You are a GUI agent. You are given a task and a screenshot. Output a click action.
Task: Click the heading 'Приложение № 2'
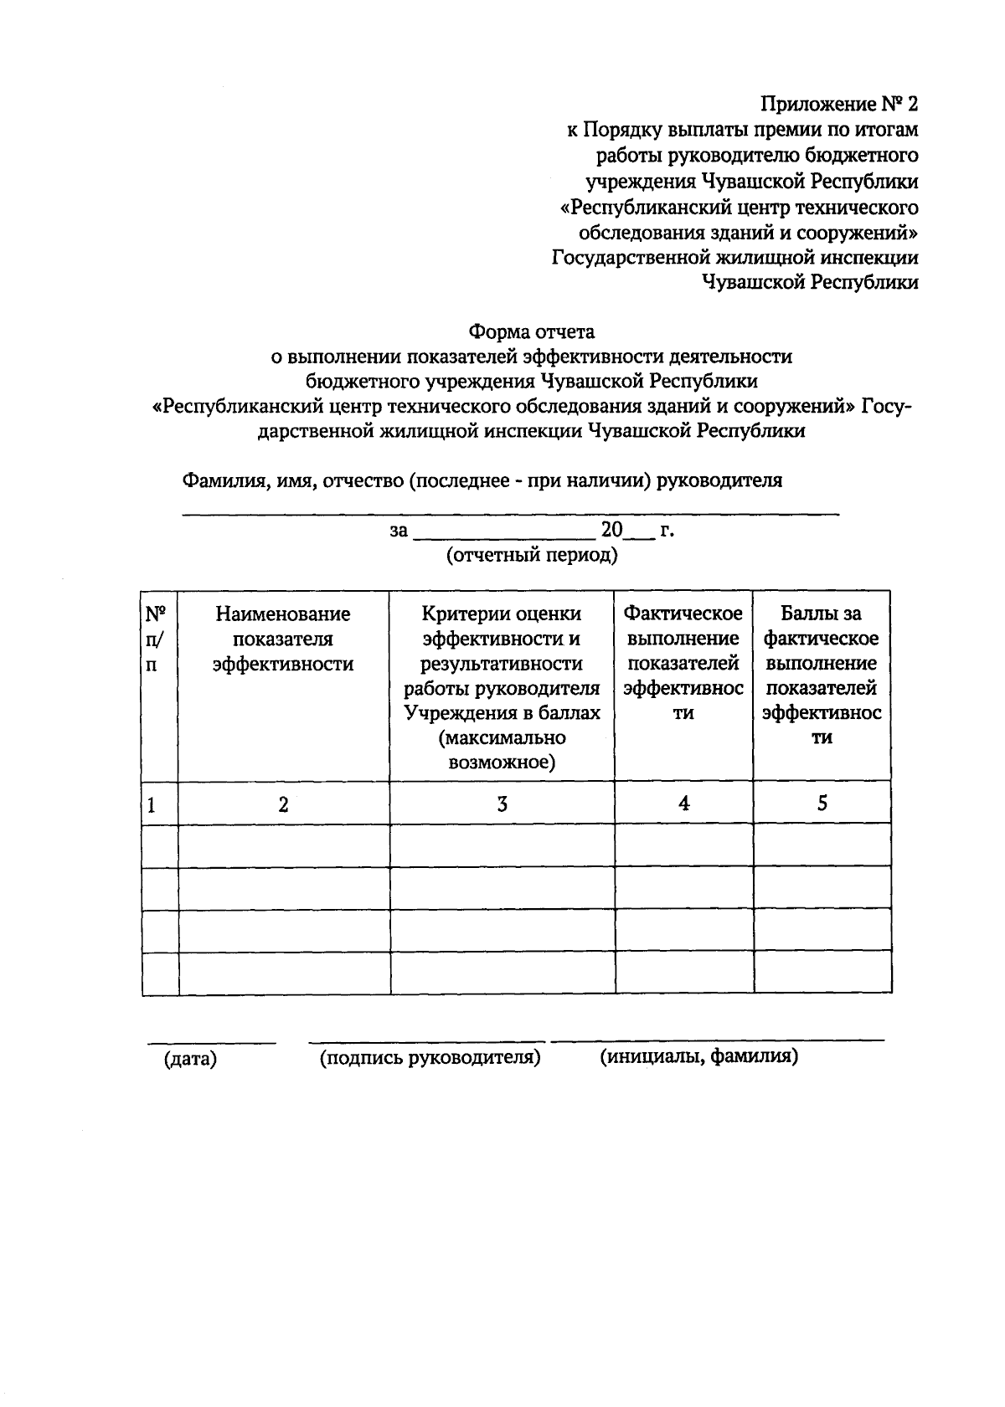pyautogui.click(x=838, y=105)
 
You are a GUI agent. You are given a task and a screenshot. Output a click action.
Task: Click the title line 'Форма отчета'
pyautogui.click(x=531, y=331)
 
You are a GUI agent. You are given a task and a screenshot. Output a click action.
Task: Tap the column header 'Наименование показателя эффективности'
pyautogui.click(x=283, y=639)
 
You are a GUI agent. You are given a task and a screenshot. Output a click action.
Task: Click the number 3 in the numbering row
pyautogui.click(x=502, y=804)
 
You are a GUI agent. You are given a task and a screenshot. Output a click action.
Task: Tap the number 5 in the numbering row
pyautogui.click(x=822, y=803)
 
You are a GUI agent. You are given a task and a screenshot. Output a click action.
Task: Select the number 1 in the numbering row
pyautogui.click(x=152, y=805)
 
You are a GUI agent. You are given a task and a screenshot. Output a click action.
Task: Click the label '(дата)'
pyautogui.click(x=191, y=1059)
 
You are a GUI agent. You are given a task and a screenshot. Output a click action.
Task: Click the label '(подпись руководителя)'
pyautogui.click(x=430, y=1057)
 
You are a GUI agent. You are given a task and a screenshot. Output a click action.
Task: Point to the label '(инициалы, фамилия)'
pyautogui.click(x=698, y=1056)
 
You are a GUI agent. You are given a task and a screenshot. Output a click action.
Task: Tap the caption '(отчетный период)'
pyautogui.click(x=532, y=555)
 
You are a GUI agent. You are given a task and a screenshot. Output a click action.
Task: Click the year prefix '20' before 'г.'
pyautogui.click(x=611, y=530)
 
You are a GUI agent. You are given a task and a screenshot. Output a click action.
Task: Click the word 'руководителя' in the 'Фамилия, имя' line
pyautogui.click(x=719, y=480)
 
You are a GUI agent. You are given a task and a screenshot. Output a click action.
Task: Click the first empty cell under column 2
pyautogui.click(x=283, y=845)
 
